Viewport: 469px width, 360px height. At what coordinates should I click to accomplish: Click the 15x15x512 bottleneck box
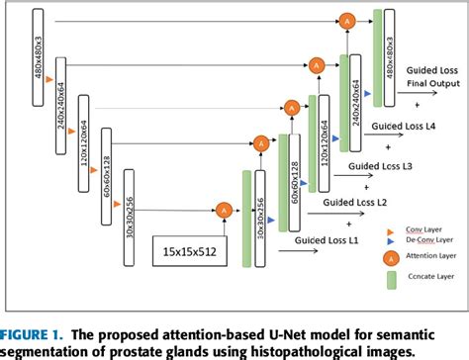[189, 251]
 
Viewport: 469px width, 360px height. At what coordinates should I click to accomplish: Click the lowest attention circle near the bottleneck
[223, 209]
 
